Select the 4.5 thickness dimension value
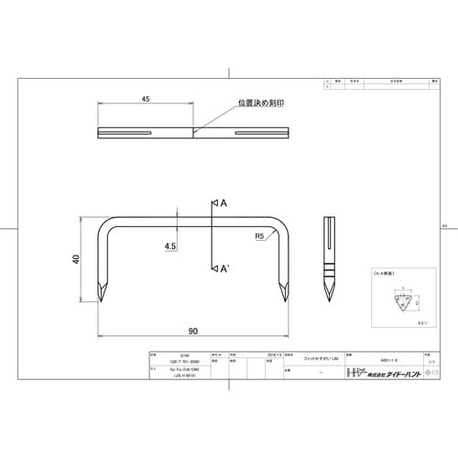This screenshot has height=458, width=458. tap(170, 246)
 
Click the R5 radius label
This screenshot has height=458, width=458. tap(260, 235)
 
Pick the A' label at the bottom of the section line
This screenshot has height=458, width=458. tap(223, 268)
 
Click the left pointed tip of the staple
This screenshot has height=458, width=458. tap(101, 303)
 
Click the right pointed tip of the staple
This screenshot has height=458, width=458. tap(286, 303)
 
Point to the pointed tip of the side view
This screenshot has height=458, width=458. tap(329, 302)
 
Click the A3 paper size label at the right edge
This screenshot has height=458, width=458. tap(444, 225)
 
